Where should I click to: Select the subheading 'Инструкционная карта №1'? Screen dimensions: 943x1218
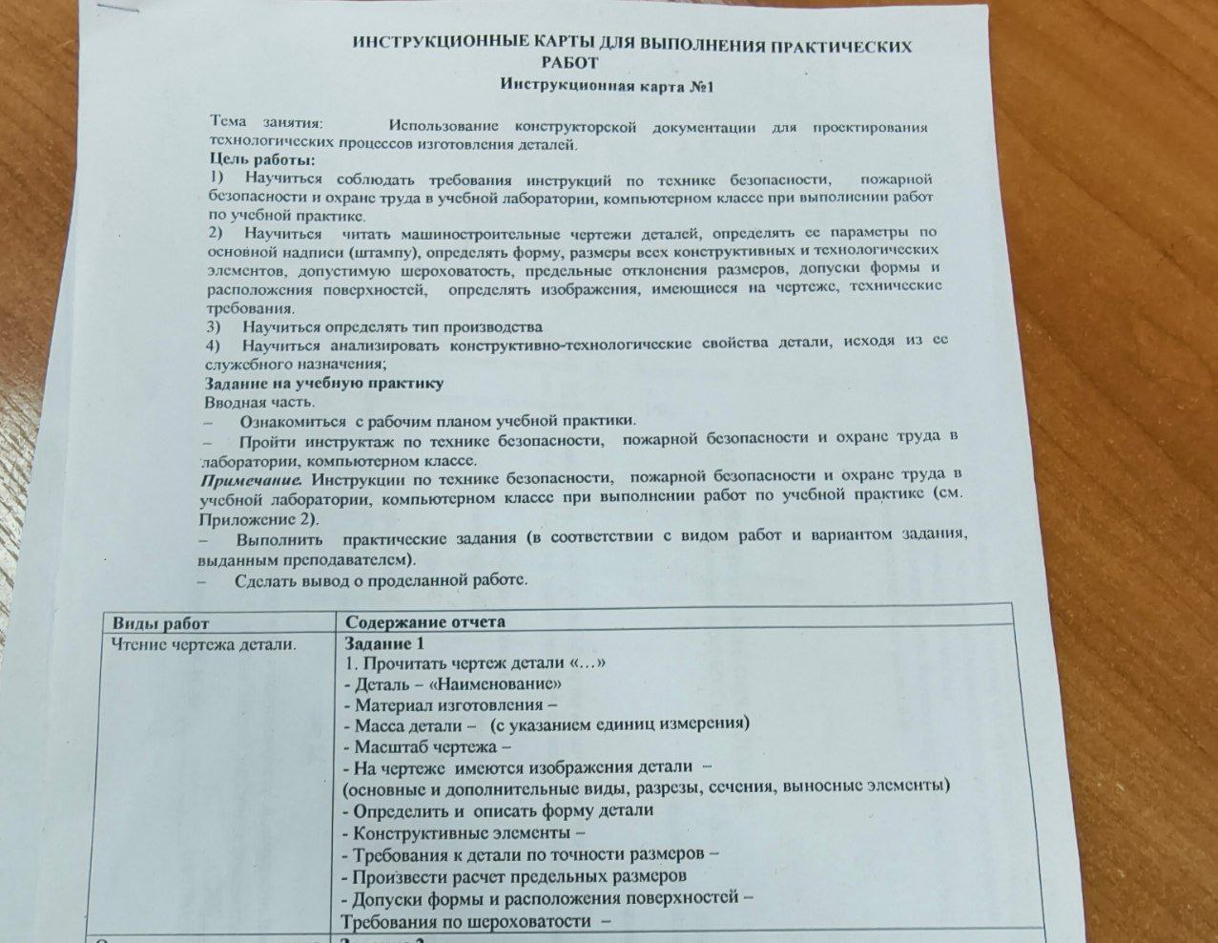[x=607, y=86]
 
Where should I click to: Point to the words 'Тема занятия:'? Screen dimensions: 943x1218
[x=266, y=123]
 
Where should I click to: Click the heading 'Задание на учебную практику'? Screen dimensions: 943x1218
[x=324, y=384]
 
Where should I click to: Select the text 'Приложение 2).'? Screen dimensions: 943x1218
[x=258, y=519]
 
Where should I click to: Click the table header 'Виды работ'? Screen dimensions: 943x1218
[x=159, y=622]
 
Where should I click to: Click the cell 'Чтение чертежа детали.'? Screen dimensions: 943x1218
[x=203, y=644]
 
